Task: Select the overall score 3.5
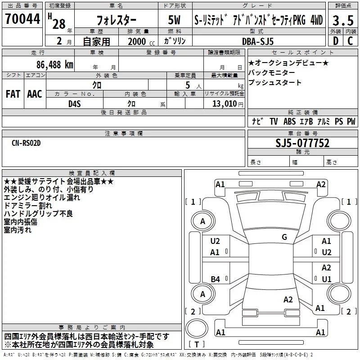(342, 20)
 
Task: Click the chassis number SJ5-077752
(302, 144)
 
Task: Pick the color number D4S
(75, 103)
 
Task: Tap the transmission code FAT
(13, 94)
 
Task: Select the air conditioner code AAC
(35, 94)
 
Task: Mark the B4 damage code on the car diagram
(216, 279)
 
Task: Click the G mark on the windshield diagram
(284, 237)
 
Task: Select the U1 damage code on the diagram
(327, 279)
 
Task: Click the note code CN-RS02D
(26, 143)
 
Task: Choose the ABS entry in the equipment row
(290, 121)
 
